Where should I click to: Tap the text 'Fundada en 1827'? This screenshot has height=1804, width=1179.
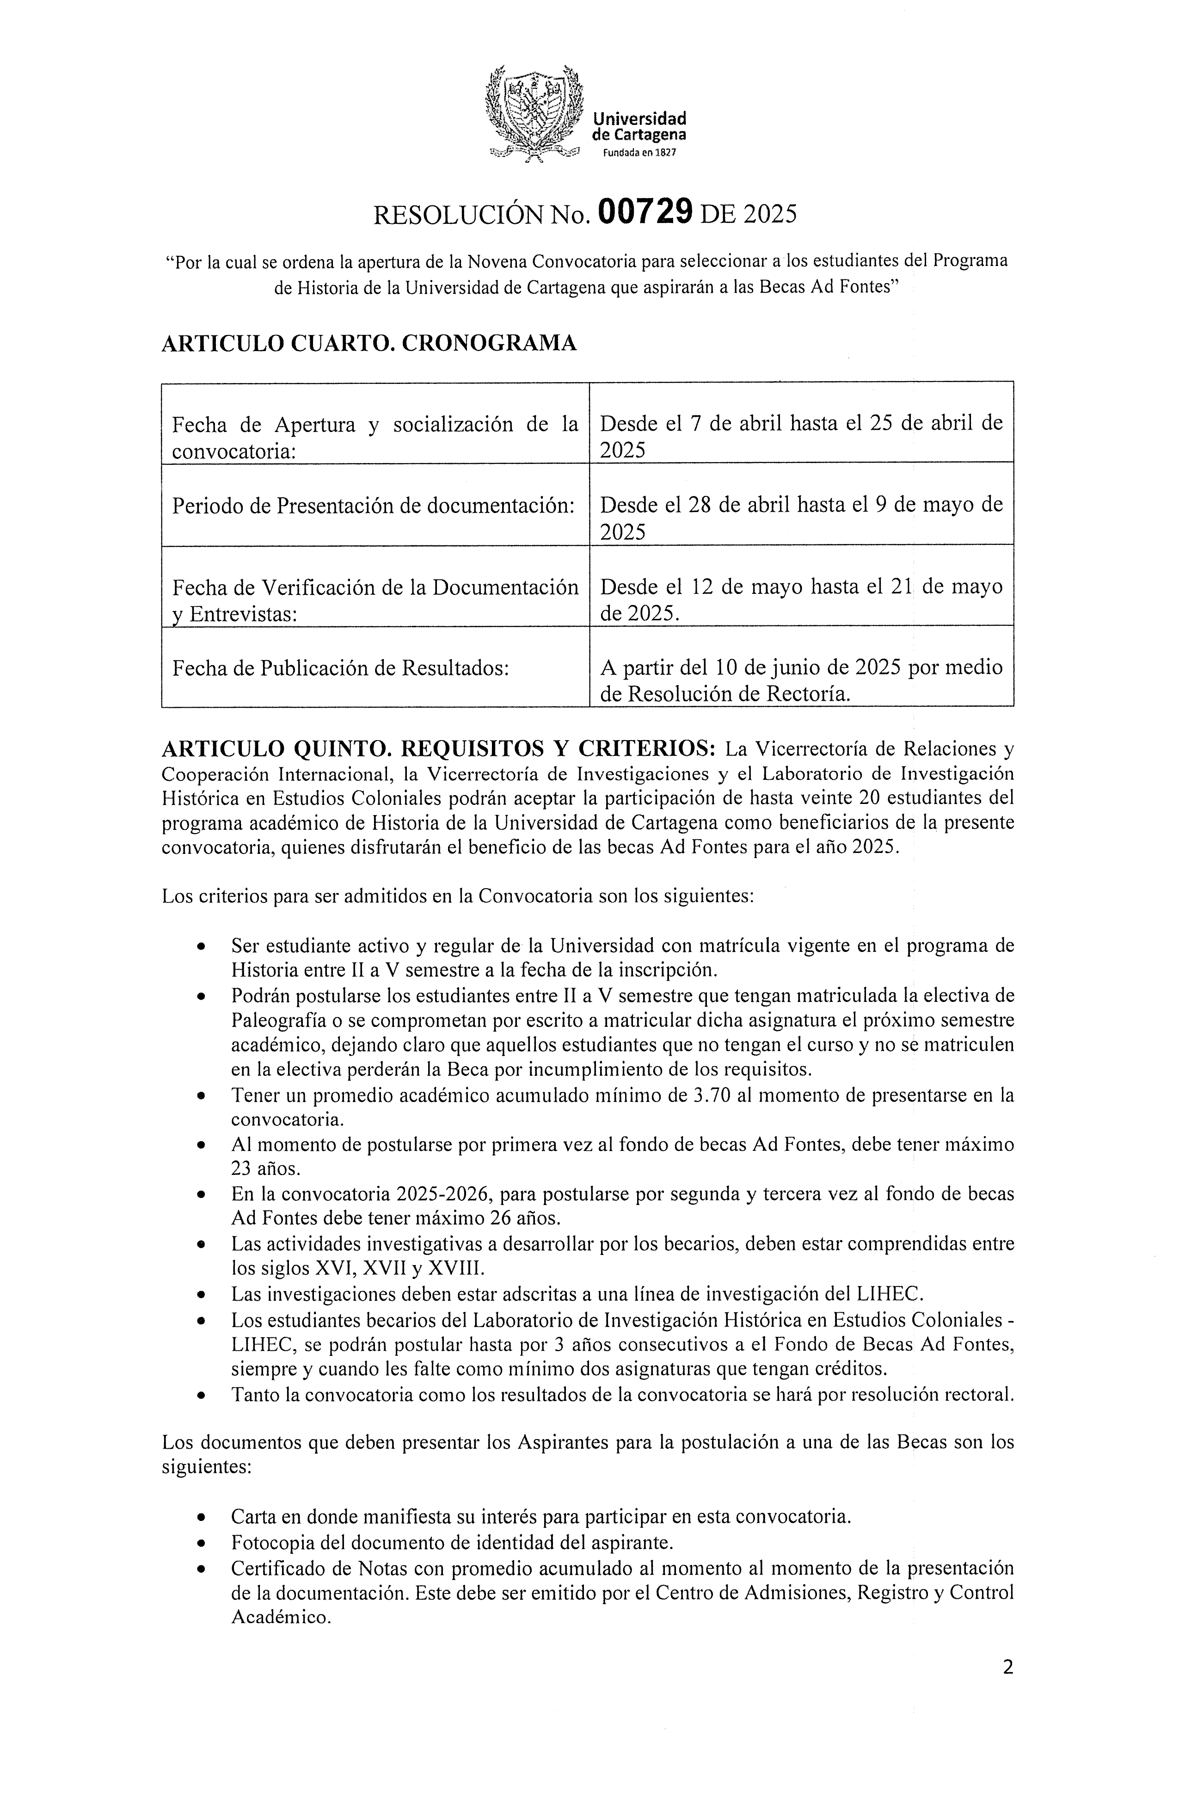[639, 152]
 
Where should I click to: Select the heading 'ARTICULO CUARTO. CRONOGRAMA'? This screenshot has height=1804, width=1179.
[369, 343]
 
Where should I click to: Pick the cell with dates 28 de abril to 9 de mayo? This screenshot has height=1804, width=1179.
[801, 517]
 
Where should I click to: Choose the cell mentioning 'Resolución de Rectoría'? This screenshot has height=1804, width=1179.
[801, 680]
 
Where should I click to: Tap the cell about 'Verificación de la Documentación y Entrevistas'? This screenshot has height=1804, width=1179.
[375, 599]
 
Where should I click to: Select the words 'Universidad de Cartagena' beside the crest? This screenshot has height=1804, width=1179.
[639, 127]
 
